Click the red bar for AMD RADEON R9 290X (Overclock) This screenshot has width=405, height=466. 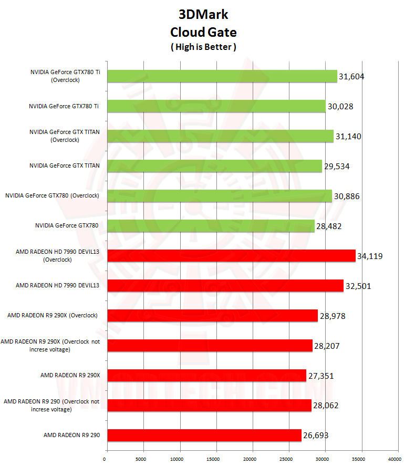click(x=212, y=315)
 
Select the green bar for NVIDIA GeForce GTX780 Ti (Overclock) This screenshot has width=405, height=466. click(x=222, y=76)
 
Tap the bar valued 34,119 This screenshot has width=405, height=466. click(x=231, y=256)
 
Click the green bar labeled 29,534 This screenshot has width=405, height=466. click(x=214, y=166)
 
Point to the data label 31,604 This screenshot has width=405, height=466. click(x=351, y=77)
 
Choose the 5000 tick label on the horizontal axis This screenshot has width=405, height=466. click(x=141, y=458)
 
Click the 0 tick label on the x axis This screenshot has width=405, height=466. click(x=105, y=458)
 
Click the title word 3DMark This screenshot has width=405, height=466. click(x=203, y=14)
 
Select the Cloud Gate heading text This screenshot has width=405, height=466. click(x=203, y=32)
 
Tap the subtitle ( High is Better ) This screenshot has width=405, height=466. click(x=203, y=47)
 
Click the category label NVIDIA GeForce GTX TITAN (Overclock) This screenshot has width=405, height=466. click(x=65, y=136)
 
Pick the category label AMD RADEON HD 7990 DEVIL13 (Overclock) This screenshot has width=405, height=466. click(x=58, y=256)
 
